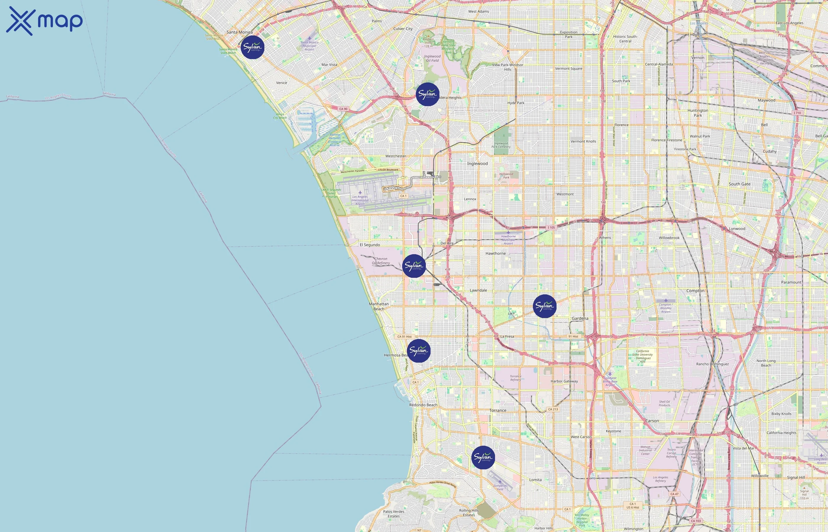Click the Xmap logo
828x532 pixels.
(44, 21)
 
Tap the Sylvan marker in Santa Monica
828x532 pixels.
(253, 47)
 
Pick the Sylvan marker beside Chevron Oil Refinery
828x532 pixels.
(414, 266)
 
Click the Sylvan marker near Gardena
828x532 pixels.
(545, 306)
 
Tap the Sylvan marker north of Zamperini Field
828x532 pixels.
(483, 458)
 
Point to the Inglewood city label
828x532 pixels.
(477, 164)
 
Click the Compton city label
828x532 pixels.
(695, 291)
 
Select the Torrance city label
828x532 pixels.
(498, 411)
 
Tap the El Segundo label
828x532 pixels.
(370, 245)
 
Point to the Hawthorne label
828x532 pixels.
(495, 254)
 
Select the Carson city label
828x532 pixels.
(652, 421)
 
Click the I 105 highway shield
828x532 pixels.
(551, 227)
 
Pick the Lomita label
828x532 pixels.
(535, 480)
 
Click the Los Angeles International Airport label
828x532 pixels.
(360, 200)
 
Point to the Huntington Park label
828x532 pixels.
(698, 113)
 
